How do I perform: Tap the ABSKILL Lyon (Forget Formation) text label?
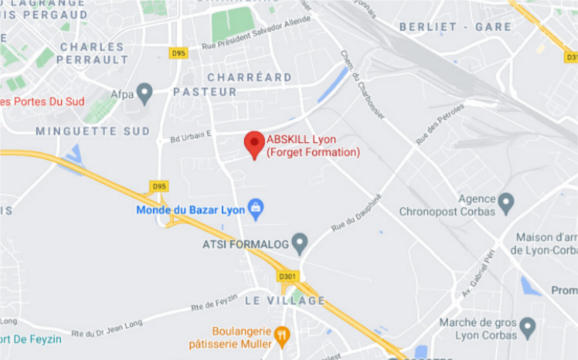(x=313, y=146)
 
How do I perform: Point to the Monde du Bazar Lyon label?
(x=190, y=209)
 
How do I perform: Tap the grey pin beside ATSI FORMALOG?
(x=300, y=244)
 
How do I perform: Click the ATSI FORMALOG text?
(x=245, y=245)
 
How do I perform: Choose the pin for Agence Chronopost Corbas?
(x=506, y=203)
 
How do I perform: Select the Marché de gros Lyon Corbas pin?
(x=528, y=328)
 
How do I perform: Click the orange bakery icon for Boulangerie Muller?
(x=281, y=336)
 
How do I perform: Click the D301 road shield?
(x=287, y=276)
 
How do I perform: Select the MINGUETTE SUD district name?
(x=93, y=131)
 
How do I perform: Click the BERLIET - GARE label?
(x=455, y=27)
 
